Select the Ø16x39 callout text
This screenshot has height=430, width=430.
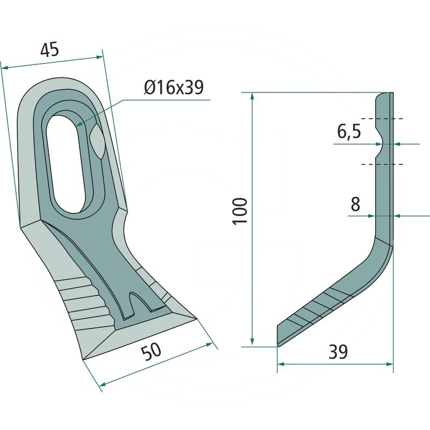pyautogui.click(x=173, y=87)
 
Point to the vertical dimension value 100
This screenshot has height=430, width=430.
pyautogui.click(x=241, y=211)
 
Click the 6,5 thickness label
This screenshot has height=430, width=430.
pyautogui.click(x=349, y=131)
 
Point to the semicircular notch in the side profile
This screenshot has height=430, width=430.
pyautogui.click(x=381, y=144)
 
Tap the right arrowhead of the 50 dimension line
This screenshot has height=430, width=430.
pyautogui.click(x=210, y=345)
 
